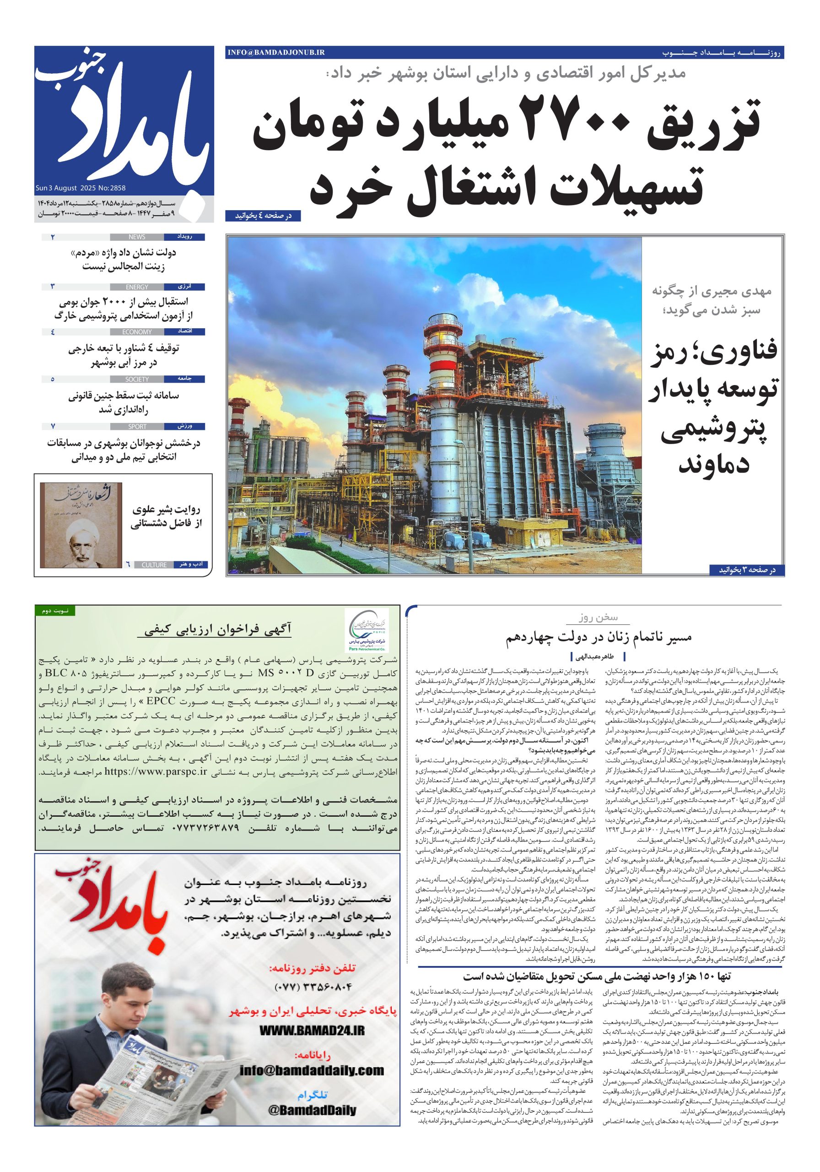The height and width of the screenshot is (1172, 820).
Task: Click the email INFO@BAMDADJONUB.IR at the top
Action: (x=276, y=52)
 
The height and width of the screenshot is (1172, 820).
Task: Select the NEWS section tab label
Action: (x=137, y=237)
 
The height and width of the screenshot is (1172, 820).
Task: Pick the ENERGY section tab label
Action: (x=137, y=287)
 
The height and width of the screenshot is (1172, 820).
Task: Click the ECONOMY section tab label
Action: (x=137, y=332)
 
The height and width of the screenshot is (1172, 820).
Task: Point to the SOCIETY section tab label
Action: (x=137, y=379)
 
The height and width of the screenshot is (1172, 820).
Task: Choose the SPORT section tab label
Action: (x=137, y=426)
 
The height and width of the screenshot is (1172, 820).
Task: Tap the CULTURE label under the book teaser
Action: (x=154, y=564)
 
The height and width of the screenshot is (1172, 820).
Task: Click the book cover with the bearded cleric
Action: (x=81, y=525)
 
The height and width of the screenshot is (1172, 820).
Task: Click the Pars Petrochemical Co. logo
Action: (x=366, y=630)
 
